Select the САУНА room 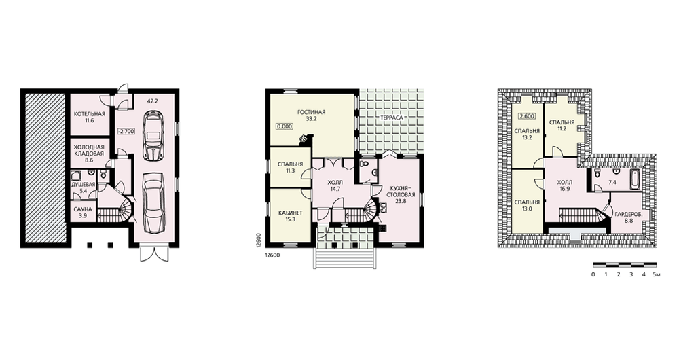click(x=82, y=213)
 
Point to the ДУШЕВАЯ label click(x=83, y=187)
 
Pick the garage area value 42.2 click(x=152, y=101)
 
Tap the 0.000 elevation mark click(x=285, y=126)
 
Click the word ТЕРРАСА click(x=392, y=118)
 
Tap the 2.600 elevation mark click(x=527, y=116)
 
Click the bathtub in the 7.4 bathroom click(x=634, y=179)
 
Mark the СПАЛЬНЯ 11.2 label click(x=562, y=125)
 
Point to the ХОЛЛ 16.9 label click(x=565, y=185)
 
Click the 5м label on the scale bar click(x=657, y=274)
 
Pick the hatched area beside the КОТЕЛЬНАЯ click(x=44, y=168)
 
